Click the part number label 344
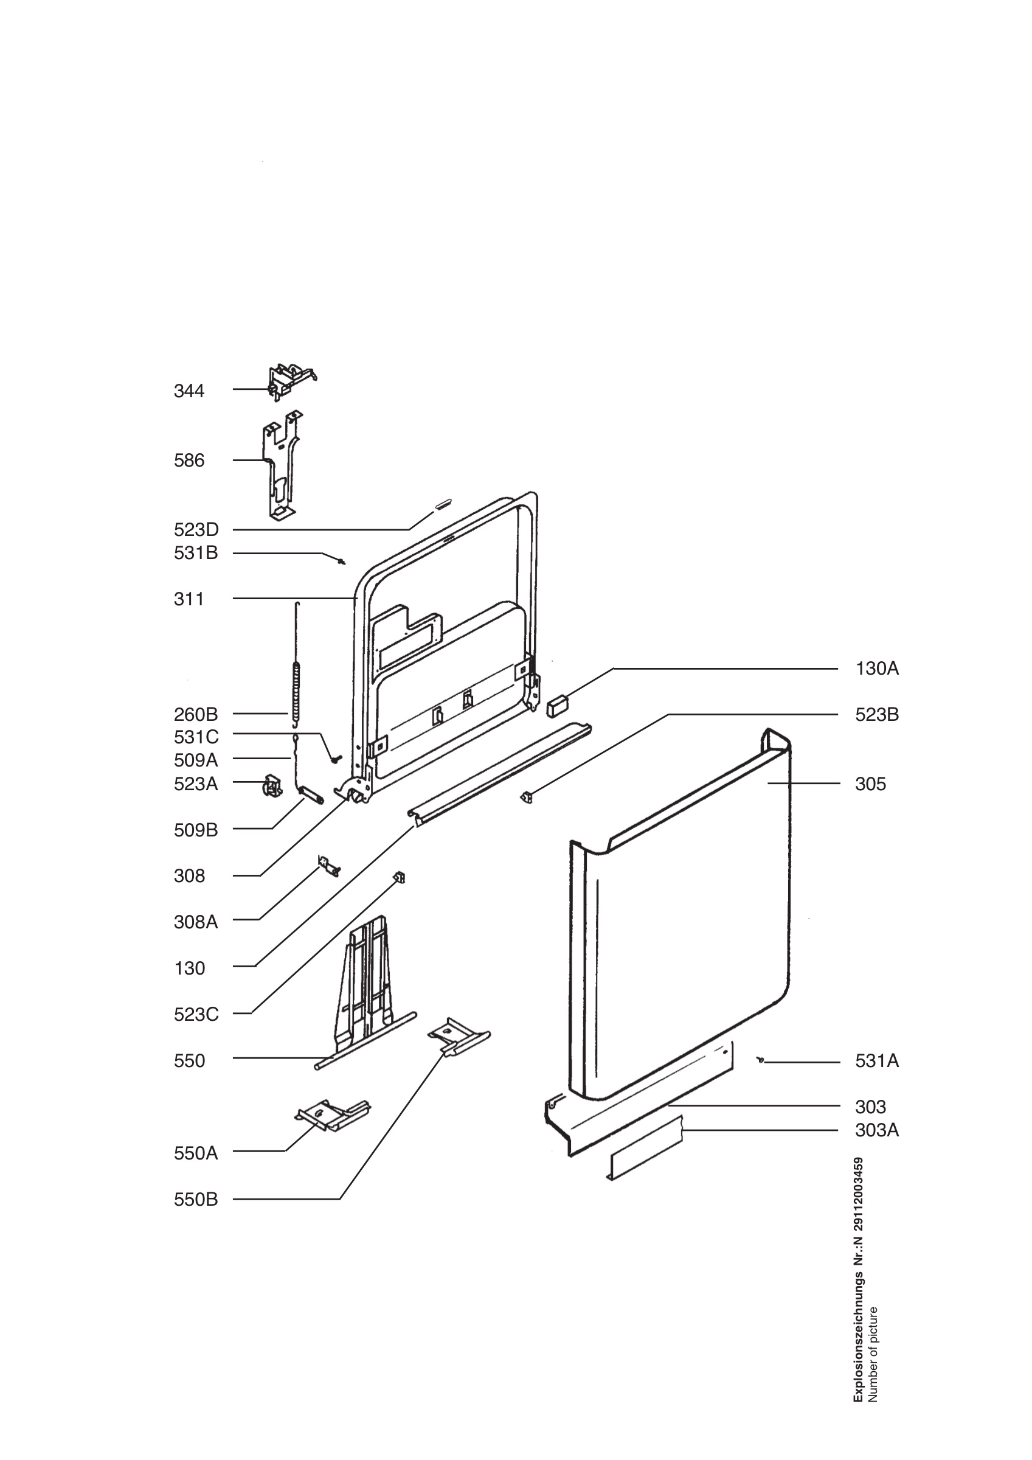[189, 391]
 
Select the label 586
[189, 461]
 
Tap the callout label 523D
[196, 530]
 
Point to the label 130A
[877, 669]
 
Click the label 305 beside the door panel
[870, 784]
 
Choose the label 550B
[196, 1200]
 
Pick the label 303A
[877, 1131]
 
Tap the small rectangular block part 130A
[557, 706]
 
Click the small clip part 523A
[272, 785]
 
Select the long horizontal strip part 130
[499, 773]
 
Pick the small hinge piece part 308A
[328, 866]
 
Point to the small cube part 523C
[400, 878]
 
